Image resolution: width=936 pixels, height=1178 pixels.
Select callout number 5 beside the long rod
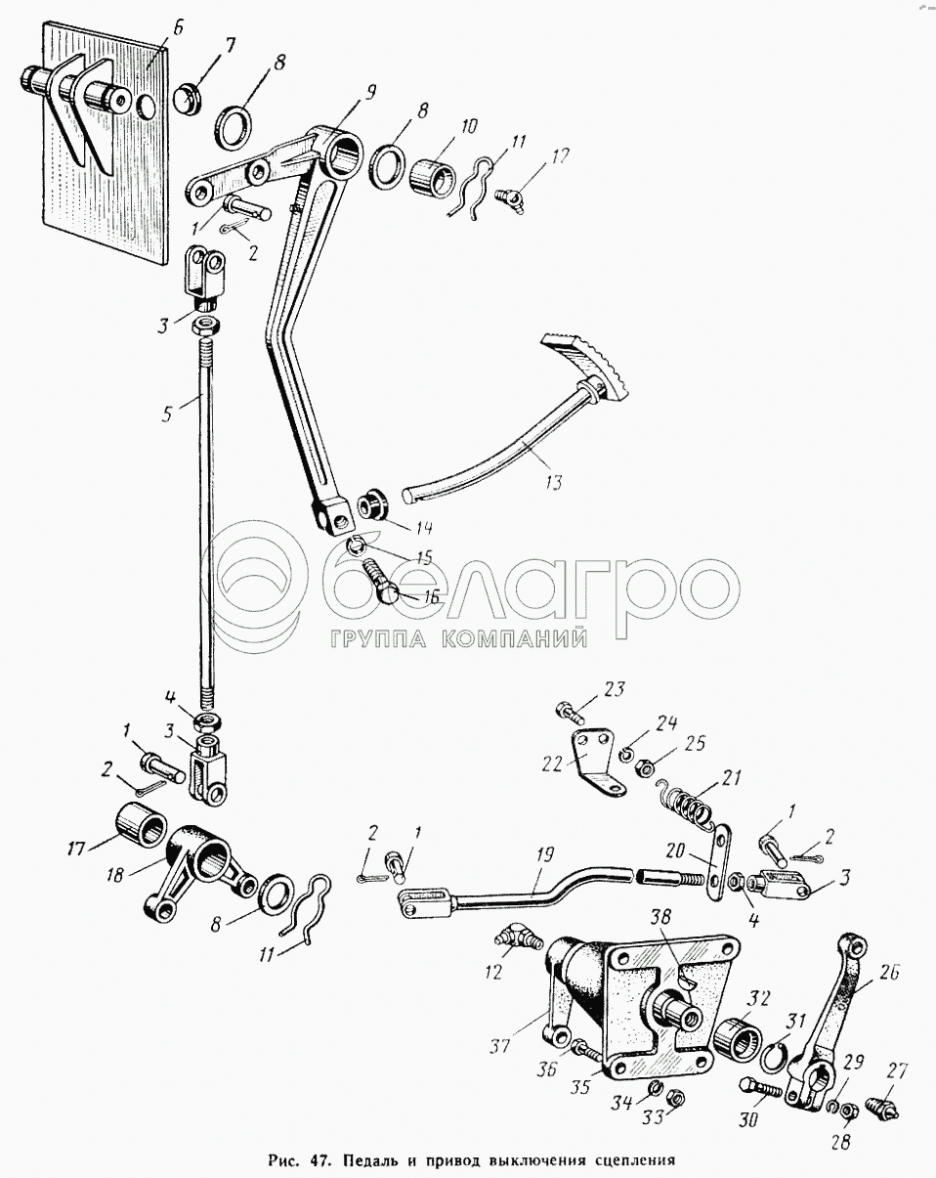coord(169,413)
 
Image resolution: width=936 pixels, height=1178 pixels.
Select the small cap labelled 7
coord(189,97)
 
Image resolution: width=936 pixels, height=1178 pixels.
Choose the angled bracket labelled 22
coord(593,757)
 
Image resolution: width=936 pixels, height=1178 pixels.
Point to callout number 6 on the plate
coord(177,27)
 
